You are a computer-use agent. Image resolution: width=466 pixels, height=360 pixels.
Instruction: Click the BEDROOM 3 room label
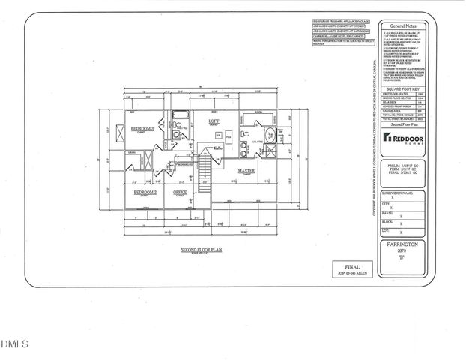tap(142, 129)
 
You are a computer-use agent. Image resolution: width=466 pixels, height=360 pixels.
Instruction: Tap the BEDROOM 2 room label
tap(145, 192)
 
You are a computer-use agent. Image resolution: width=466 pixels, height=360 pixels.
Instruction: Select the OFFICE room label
tap(180, 192)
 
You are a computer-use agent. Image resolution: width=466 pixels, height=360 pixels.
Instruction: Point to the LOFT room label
tap(214, 120)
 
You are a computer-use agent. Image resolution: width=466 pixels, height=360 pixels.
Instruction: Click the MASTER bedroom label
tap(247, 171)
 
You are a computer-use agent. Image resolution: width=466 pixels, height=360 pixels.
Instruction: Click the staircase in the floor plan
tap(202, 165)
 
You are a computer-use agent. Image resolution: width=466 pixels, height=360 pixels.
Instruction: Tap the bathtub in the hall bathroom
tap(181, 116)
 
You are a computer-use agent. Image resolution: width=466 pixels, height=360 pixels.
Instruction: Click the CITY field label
tap(387, 202)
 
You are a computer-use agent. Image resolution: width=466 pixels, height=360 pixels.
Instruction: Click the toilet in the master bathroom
tap(246, 136)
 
